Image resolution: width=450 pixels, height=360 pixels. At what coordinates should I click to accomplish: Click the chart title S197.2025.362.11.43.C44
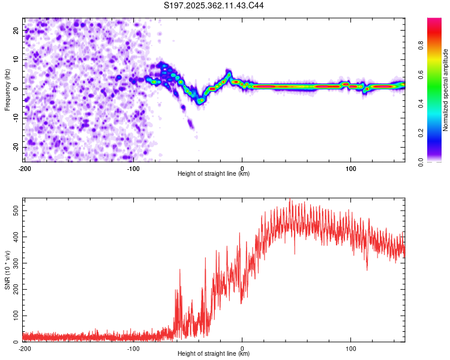[x=214, y=5]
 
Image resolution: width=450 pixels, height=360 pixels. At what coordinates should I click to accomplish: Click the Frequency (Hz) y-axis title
[x=7, y=90]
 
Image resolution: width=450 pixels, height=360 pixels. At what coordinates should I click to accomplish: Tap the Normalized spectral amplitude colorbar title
[x=445, y=91]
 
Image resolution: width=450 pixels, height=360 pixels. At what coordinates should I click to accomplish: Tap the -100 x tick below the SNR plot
[x=133, y=349]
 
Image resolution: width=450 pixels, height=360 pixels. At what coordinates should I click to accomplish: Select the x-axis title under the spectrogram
[x=214, y=174]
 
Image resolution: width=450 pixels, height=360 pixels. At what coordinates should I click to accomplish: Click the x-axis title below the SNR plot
[x=214, y=355]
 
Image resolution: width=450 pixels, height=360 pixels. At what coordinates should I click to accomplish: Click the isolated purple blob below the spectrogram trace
[x=190, y=124]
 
